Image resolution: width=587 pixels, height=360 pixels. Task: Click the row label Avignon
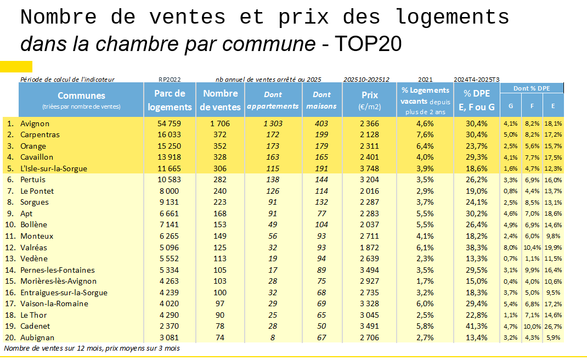pyautogui.click(x=35, y=123)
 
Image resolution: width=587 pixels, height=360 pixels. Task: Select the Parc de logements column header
pyautogui.click(x=170, y=100)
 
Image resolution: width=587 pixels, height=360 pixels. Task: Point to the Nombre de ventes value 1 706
pyautogui.click(x=219, y=123)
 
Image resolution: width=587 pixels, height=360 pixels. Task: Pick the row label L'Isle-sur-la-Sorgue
pyautogui.click(x=53, y=168)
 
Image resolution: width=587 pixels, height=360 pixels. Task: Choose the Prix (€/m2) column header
pyautogui.click(x=370, y=100)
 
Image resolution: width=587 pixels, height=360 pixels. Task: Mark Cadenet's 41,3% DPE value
pyautogui.click(x=475, y=326)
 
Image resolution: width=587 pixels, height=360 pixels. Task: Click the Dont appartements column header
pyautogui.click(x=273, y=100)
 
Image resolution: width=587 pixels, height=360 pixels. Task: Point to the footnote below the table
pyautogui.click(x=92, y=348)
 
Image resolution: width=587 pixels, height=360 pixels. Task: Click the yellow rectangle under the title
pyautogui.click(x=16, y=66)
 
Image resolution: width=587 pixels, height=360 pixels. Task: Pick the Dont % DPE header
pyautogui.click(x=531, y=88)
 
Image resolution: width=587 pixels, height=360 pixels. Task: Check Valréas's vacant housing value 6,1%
pyautogui.click(x=425, y=247)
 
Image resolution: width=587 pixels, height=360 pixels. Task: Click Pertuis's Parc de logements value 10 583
pyautogui.click(x=170, y=179)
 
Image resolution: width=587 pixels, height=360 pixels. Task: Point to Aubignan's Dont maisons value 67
pyautogui.click(x=321, y=337)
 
